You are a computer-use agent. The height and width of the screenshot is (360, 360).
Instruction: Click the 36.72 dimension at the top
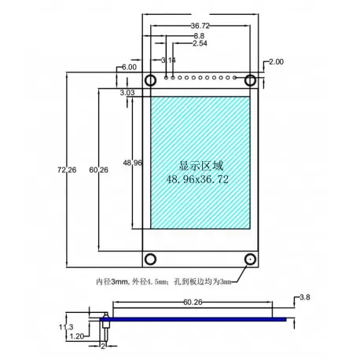[x=200, y=25]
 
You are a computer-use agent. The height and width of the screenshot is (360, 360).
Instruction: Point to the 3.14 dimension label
[x=167, y=60]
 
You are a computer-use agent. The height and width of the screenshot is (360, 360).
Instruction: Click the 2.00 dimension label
[x=277, y=61]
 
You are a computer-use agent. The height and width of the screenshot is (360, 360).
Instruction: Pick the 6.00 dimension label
[x=129, y=68]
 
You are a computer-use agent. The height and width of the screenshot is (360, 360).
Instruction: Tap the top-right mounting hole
[x=250, y=80]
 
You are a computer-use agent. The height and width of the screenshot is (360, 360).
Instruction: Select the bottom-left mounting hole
[x=150, y=259]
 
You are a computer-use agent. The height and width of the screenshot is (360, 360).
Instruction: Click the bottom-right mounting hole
[x=250, y=259]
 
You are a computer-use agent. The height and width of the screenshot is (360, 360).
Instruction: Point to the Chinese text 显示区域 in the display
[x=201, y=166]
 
